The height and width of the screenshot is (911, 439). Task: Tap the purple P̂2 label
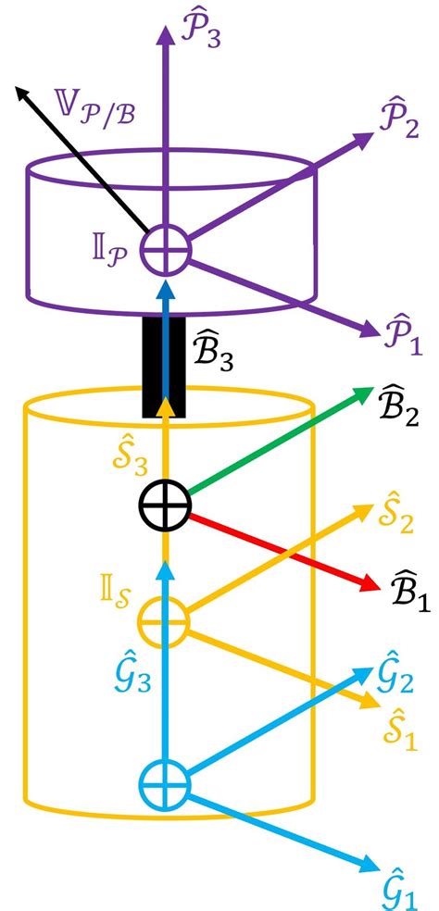click(x=396, y=121)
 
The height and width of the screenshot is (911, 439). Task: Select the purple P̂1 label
click(x=401, y=336)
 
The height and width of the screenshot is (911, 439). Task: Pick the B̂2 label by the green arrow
click(x=397, y=408)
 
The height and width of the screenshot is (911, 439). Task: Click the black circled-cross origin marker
click(x=165, y=505)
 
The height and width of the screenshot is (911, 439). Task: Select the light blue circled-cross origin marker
click(x=165, y=784)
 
